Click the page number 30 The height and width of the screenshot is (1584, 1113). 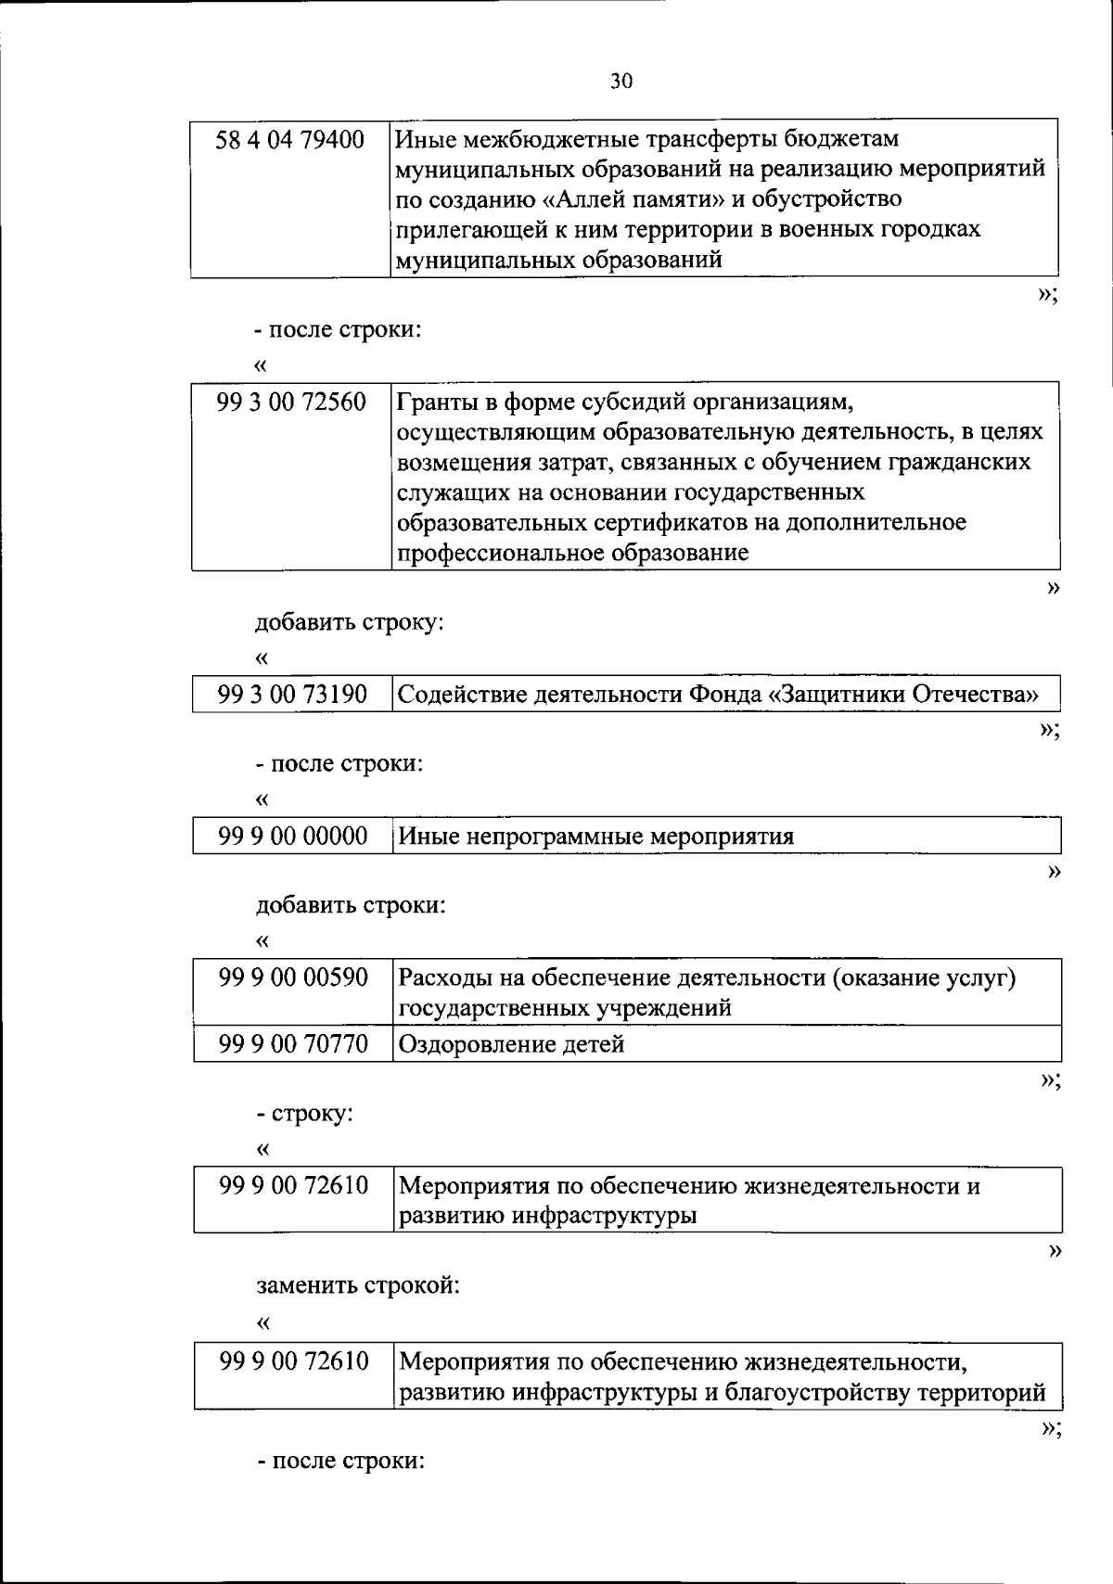[x=621, y=82]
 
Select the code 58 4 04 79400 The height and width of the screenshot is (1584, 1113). [x=289, y=140]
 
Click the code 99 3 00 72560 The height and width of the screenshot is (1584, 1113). [x=291, y=402]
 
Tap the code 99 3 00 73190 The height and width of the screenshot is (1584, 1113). [x=292, y=695]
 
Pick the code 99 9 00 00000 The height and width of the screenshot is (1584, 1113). [x=293, y=837]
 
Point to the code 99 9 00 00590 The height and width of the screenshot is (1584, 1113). [x=293, y=977]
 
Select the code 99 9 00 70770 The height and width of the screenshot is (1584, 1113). [x=293, y=1044]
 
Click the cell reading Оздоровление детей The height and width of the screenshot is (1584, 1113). [x=511, y=1045]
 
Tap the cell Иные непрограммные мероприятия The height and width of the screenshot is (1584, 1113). [x=596, y=837]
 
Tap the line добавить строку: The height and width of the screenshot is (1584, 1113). [x=350, y=621]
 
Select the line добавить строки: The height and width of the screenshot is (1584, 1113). [x=351, y=905]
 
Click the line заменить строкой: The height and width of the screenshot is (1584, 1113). [x=358, y=1286]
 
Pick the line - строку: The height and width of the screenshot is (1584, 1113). [x=305, y=1113]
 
